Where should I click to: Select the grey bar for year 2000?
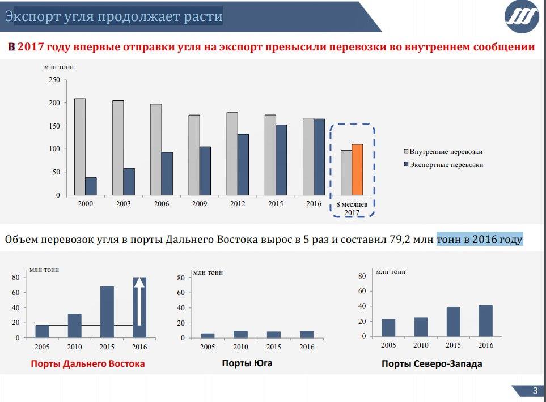(80, 147)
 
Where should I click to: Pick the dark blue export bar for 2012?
(243, 164)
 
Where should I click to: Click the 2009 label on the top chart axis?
(200, 204)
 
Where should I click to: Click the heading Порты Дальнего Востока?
(88, 363)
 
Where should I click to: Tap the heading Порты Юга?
(247, 363)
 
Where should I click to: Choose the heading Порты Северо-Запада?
(432, 364)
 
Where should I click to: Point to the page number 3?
(535, 391)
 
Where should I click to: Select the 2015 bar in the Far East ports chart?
(107, 312)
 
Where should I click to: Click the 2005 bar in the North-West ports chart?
(388, 328)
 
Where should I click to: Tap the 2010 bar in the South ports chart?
(241, 334)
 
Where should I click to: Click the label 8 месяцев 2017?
(352, 208)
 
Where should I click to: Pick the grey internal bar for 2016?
(308, 156)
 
